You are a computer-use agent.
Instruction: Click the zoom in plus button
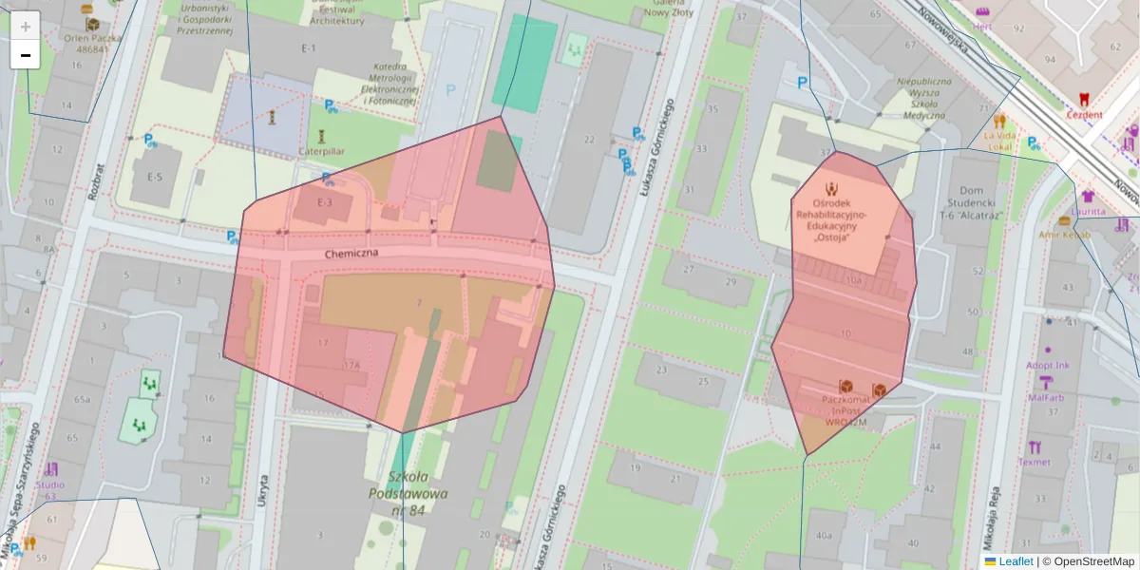click(x=26, y=27)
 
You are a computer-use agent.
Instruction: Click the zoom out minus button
click(x=26, y=55)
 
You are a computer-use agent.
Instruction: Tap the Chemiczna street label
click(x=351, y=254)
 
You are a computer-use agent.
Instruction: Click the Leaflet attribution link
click(x=1016, y=561)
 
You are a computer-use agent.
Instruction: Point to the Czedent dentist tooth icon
click(x=1084, y=98)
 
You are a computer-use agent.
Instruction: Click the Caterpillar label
click(x=321, y=151)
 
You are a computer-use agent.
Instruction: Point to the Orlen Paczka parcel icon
click(x=92, y=25)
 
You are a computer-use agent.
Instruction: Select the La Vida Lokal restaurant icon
click(x=999, y=122)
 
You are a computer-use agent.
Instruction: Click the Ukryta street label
click(x=263, y=494)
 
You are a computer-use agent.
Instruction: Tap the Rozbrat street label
click(x=94, y=180)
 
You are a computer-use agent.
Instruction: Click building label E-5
click(x=154, y=177)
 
